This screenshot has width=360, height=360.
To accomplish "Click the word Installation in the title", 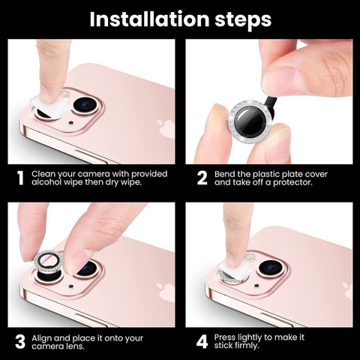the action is (x=149, y=19).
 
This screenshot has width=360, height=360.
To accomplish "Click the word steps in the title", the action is (x=243, y=21).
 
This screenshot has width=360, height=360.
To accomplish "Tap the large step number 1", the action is (x=20, y=178).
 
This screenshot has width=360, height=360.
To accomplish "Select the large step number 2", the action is (x=202, y=178).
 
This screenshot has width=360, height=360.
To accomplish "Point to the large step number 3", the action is (x=20, y=342).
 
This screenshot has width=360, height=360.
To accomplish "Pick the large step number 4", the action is (x=202, y=342).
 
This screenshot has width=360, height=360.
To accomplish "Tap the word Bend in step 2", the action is (x=224, y=174).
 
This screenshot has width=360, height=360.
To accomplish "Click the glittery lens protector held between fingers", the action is (x=249, y=121).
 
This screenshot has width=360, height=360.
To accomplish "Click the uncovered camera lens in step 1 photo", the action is (x=85, y=105).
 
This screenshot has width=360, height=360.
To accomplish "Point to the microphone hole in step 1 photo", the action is (x=71, y=123).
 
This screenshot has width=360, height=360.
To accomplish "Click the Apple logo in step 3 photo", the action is (x=166, y=292).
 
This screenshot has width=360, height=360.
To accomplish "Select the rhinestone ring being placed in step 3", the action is (x=49, y=261).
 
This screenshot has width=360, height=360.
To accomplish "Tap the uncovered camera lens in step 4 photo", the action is (x=271, y=268).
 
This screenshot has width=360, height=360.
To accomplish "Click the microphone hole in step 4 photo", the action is (x=256, y=286).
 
